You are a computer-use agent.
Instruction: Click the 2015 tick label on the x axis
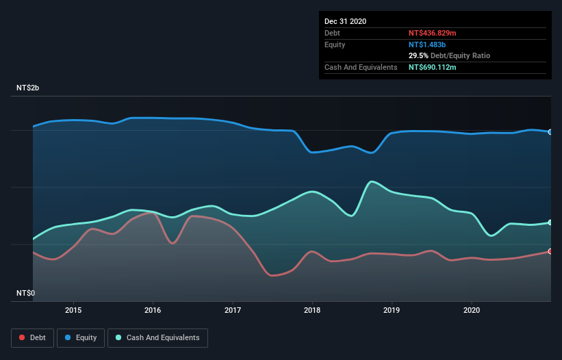pyautogui.click(x=73, y=309)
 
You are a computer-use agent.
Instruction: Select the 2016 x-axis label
pyautogui.click(x=153, y=309)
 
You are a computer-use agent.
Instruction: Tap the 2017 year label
pyautogui.click(x=233, y=309)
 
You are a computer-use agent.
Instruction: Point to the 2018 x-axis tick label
pyautogui.click(x=312, y=309)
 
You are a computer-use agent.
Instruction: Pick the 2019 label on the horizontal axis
pyautogui.click(x=392, y=309)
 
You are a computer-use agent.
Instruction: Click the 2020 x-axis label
pyautogui.click(x=472, y=309)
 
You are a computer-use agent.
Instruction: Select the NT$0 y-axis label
pyautogui.click(x=25, y=293)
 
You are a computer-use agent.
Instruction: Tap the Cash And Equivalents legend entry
pyautogui.click(x=158, y=337)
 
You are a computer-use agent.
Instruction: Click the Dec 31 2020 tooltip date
pyautogui.click(x=345, y=21)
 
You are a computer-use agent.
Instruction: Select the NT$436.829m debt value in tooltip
pyautogui.click(x=433, y=33)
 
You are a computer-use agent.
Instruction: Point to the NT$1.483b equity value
pyautogui.click(x=427, y=44)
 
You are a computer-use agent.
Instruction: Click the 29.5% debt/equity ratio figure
pyautogui.click(x=420, y=55)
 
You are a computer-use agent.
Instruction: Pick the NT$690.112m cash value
pyautogui.click(x=433, y=67)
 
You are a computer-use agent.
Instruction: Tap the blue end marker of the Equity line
pyautogui.click(x=550, y=132)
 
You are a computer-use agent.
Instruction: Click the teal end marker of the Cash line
pyautogui.click(x=550, y=222)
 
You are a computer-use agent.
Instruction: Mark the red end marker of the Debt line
pyautogui.click(x=550, y=251)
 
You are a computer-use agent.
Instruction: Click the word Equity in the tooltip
pyautogui.click(x=335, y=44)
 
